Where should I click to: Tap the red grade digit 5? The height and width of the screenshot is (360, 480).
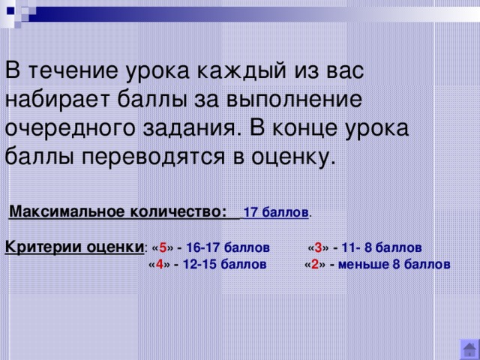point(163,247)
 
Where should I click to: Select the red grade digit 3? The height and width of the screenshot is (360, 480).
point(318,247)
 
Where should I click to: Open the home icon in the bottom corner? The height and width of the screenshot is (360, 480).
point(469,349)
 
